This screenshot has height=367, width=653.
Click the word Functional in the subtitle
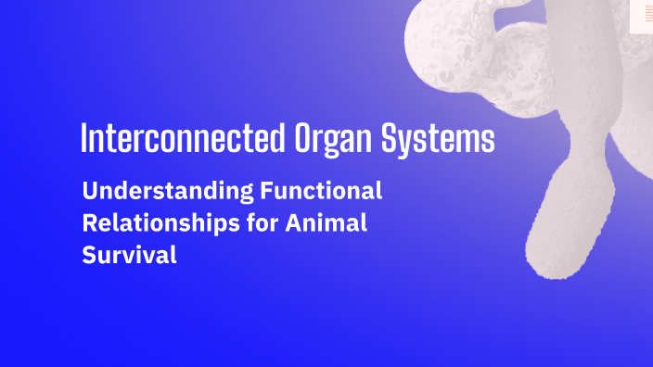point(321,192)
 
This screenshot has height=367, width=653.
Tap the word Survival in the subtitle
point(129,255)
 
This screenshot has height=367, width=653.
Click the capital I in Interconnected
point(84,138)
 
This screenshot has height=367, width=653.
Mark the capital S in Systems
point(390,138)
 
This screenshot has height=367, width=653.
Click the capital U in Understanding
point(90,192)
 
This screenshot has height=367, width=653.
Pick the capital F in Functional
point(265,192)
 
